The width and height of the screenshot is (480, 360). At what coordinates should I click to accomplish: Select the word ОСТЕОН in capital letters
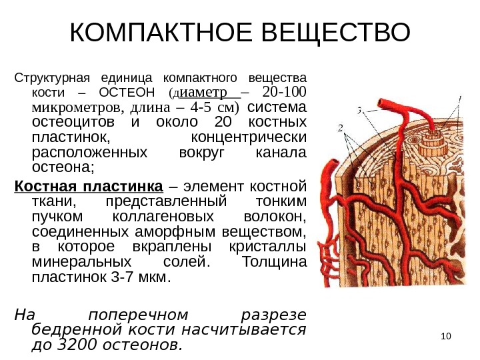pos(126,92)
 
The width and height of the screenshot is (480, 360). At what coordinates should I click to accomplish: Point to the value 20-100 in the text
pos(285,91)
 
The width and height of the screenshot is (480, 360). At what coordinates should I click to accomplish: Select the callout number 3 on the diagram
pos(360,111)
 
